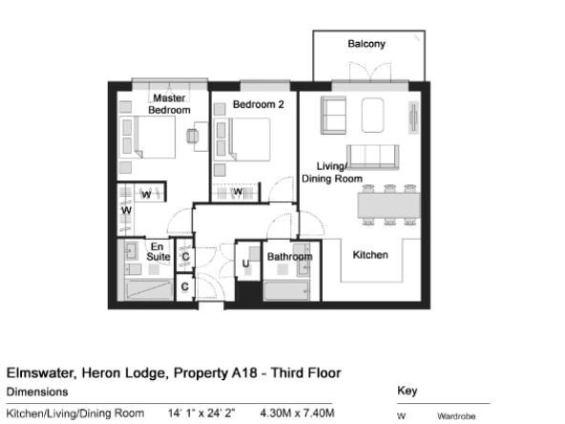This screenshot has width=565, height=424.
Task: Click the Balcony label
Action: pos(366,44)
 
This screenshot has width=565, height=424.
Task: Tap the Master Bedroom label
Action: pos(169,104)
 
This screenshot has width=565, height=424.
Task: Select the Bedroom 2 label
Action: pos(258,104)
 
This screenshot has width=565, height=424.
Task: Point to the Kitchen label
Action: pos(370,255)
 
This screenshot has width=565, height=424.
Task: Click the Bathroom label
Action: pos(290,257)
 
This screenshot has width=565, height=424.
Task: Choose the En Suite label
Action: pos(157,252)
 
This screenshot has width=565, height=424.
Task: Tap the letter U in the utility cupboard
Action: pos(245,264)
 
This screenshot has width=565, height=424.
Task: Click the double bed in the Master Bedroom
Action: pos(147,137)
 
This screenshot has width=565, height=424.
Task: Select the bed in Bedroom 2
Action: pos(241,139)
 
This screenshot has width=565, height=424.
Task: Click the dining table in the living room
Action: pos(388,205)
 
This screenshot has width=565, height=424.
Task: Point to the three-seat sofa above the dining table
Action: pos(372,158)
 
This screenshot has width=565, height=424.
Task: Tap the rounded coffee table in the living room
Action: pos(372,115)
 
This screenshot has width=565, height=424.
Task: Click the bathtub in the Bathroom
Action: pos(286,290)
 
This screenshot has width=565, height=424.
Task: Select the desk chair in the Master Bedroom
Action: pos(193,137)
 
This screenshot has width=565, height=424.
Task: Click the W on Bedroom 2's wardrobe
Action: pos(238,191)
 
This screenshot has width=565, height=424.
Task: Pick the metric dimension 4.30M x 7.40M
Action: pos(297,413)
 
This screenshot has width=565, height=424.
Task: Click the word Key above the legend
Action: pos(408,391)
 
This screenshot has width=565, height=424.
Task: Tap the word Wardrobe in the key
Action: pos(456,416)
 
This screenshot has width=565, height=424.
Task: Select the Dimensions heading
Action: pos(37,392)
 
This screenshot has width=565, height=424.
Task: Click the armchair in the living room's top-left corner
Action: pos(333,115)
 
